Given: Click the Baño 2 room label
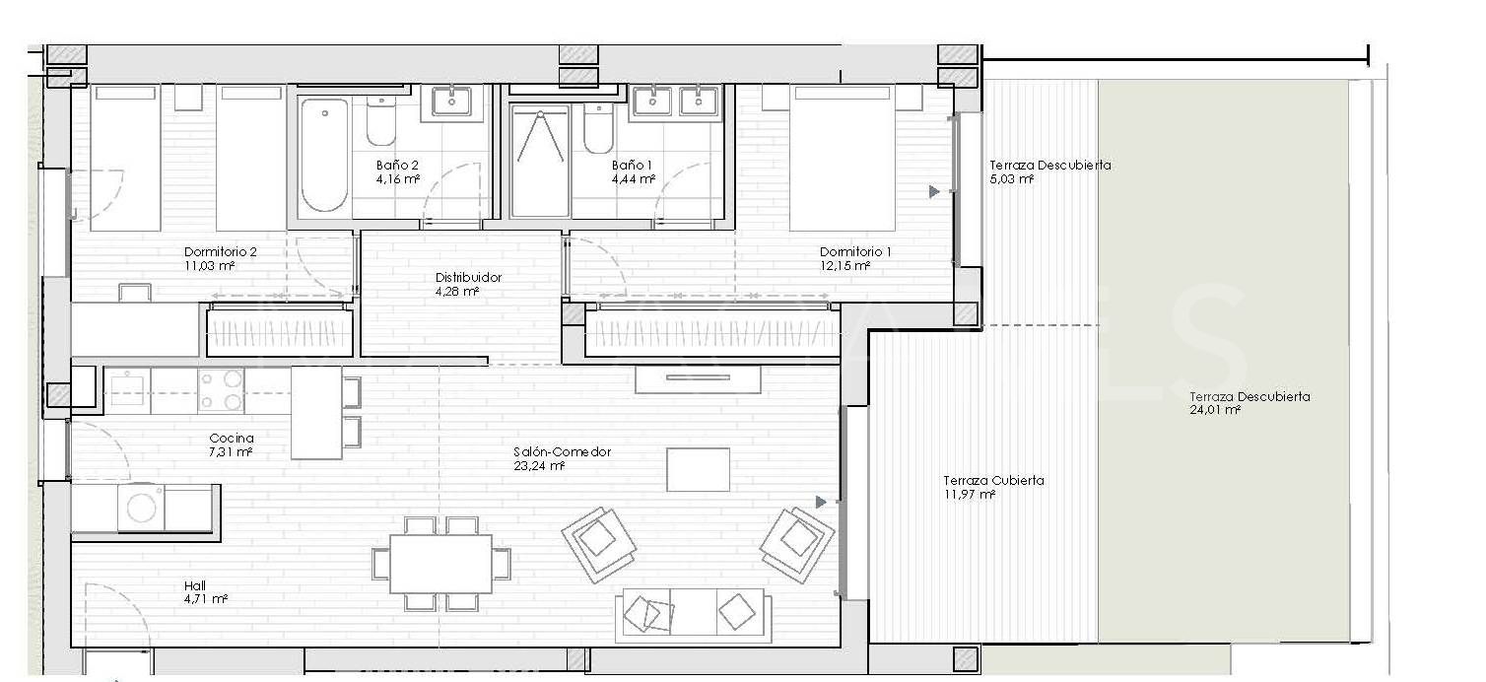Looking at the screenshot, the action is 397,166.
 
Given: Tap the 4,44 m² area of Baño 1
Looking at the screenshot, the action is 634,179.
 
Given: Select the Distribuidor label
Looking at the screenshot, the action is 468,277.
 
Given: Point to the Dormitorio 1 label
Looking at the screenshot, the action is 855,252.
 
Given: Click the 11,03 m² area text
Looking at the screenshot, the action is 210,266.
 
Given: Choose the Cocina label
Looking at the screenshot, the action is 232,439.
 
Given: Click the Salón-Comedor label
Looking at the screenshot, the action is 563,451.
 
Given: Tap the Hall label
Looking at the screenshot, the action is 195,585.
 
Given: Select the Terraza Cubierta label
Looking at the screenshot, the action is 993,480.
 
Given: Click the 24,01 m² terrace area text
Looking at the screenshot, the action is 1215,410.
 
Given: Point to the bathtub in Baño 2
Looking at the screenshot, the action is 324,157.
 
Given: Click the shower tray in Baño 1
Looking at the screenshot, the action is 541,161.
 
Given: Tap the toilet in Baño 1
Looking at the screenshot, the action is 598,129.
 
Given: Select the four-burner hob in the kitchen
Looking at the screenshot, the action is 221,390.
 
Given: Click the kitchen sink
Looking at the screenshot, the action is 127,390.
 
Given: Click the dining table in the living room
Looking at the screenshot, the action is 441,564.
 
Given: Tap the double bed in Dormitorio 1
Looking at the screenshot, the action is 843,158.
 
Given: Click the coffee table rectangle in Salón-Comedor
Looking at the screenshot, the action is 698,470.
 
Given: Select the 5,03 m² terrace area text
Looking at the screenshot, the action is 1012,179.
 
